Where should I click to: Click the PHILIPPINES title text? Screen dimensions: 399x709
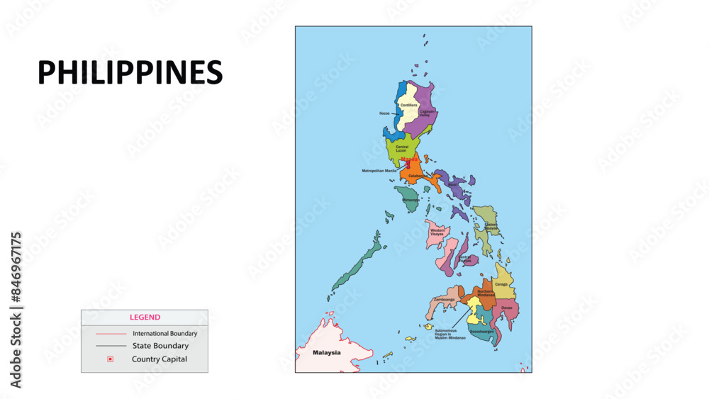coord(130,73)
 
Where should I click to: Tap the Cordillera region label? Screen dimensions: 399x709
coord(409,105)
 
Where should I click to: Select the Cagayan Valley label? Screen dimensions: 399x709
coord(427,112)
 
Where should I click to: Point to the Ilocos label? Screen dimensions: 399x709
coord(384,113)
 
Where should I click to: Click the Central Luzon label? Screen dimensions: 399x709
coord(402,149)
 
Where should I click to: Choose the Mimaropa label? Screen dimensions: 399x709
coord(411,201)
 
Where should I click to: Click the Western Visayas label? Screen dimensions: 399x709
coord(437,232)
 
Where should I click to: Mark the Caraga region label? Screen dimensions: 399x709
coord(501,284)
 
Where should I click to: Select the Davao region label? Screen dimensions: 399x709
coord(506,308)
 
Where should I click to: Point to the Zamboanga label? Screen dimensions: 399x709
coord(444,300)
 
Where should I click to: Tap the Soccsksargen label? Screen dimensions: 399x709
coord(481,331)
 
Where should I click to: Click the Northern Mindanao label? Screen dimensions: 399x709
coord(485,293)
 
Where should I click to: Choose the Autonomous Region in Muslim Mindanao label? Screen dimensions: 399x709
coord(450,334)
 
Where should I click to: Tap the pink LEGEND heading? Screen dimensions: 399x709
coord(145,317)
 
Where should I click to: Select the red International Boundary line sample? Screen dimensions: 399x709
coord(110,333)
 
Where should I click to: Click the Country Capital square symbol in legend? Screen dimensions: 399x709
coord(110,359)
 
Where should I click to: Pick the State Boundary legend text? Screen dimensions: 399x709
coord(160,346)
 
